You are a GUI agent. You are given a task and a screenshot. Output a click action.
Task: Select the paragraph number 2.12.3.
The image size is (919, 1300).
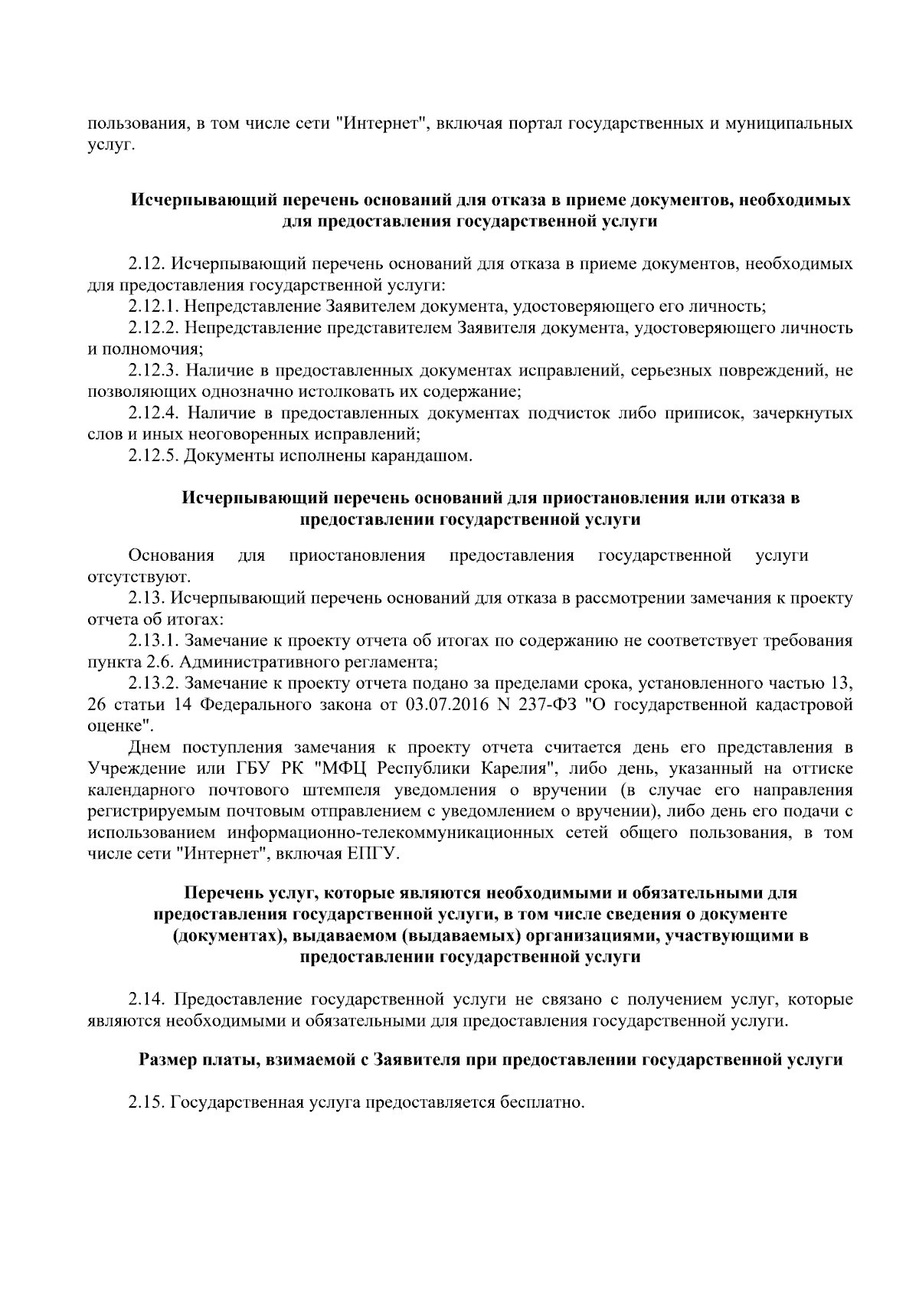click(153, 371)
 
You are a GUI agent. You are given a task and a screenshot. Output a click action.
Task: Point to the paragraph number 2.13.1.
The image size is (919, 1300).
click(153, 640)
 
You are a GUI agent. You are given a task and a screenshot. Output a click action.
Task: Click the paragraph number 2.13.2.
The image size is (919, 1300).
click(153, 683)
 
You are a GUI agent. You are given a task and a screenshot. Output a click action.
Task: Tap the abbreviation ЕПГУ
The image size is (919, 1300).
click(374, 853)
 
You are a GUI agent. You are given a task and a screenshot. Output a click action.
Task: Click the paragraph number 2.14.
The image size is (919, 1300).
click(146, 1000)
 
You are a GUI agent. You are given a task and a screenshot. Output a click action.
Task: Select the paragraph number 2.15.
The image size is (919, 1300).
click(146, 1104)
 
